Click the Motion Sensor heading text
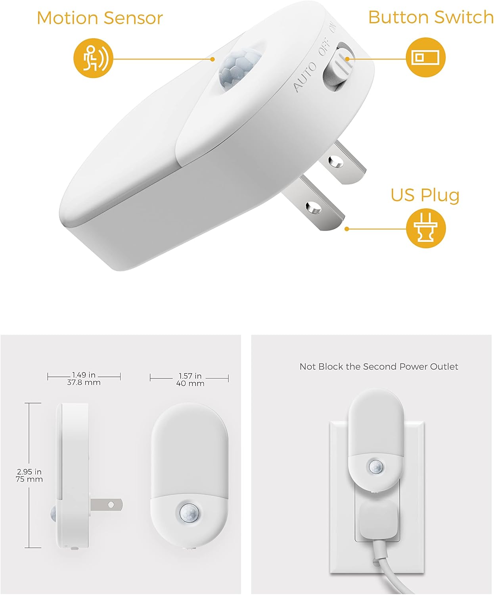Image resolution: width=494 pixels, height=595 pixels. (100, 18)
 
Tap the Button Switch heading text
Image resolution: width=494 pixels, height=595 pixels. (431, 17)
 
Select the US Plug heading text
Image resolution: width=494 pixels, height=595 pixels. (425, 195)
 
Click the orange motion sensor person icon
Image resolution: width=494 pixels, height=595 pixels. (94, 58)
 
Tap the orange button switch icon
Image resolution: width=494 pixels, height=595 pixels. (426, 57)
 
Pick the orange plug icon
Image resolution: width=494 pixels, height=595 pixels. (426, 228)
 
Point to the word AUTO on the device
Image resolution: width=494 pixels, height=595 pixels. (305, 77)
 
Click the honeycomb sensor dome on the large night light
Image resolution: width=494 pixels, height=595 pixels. (237, 69)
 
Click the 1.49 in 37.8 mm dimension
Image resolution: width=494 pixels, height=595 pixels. (84, 379)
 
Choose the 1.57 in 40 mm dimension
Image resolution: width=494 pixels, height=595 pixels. (190, 380)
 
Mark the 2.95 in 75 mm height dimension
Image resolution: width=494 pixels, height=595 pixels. (30, 475)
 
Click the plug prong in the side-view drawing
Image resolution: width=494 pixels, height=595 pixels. (106, 505)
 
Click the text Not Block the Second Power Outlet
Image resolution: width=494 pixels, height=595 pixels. (379, 367)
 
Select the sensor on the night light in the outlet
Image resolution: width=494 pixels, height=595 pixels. (375, 466)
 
